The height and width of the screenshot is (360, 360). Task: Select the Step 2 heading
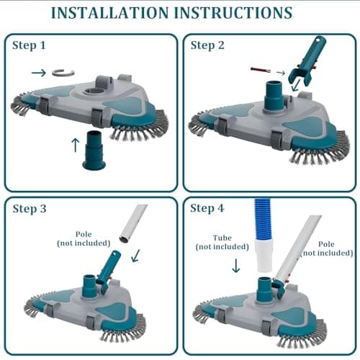click(x=207, y=45)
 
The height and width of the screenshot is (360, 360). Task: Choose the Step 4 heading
click(x=207, y=209)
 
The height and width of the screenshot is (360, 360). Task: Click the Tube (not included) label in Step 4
click(x=214, y=243)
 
